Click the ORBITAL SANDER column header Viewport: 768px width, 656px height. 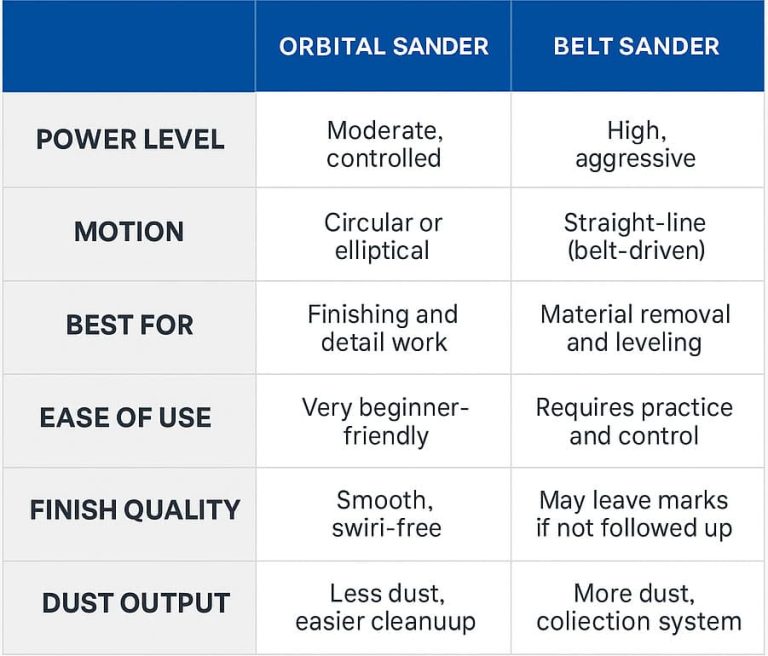click(383, 46)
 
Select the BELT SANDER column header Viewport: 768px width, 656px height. click(636, 46)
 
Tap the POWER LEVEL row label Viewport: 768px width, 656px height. click(129, 139)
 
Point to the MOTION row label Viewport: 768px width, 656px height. click(129, 232)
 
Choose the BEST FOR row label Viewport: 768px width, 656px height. click(129, 325)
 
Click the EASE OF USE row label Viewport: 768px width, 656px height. click(126, 418)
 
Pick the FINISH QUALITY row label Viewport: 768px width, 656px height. click(135, 510)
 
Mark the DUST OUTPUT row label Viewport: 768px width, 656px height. click(135, 603)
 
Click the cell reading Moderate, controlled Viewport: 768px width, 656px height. click(383, 144)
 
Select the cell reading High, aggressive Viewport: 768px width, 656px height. click(636, 144)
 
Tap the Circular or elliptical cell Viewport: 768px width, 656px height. click(383, 236)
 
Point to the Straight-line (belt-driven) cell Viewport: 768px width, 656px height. click(636, 236)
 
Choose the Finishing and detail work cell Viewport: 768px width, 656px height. click(383, 328)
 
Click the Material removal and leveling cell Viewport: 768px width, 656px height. click(636, 328)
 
